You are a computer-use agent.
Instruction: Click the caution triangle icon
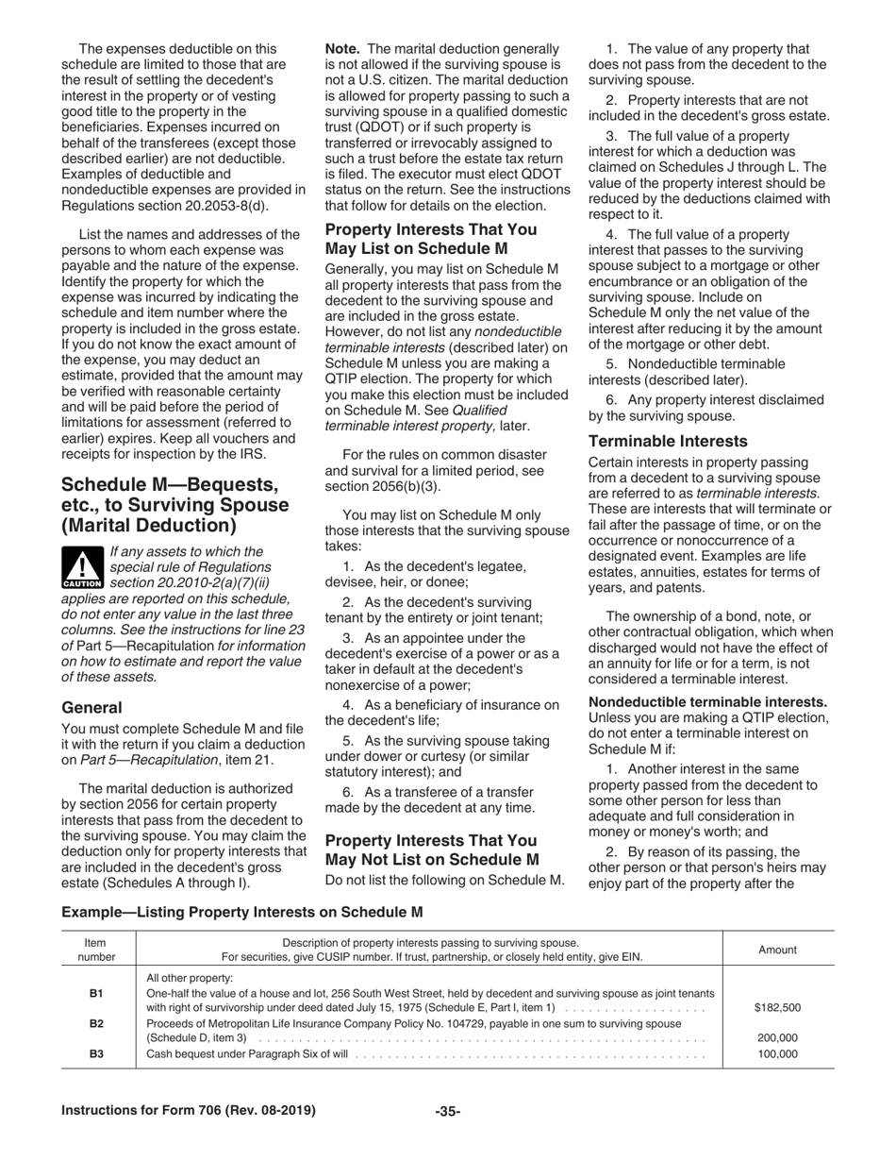click(82, 567)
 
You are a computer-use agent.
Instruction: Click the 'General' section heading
click(91, 707)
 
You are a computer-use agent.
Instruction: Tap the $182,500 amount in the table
click(777, 1007)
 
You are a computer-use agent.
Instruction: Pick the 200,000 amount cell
click(778, 1037)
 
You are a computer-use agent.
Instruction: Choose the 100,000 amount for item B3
click(778, 1052)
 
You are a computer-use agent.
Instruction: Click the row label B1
click(96, 993)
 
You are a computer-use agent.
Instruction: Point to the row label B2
click(96, 1023)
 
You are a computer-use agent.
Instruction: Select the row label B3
click(96, 1052)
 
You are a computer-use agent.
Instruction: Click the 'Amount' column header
click(777, 950)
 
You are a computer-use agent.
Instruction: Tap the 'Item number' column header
click(96, 950)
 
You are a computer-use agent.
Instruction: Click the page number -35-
click(447, 1111)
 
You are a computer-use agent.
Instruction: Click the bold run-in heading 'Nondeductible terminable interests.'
click(707, 701)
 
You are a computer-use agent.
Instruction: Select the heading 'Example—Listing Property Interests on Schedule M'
click(242, 912)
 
